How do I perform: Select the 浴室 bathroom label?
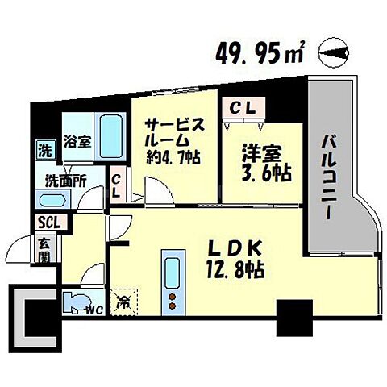click(x=77, y=140)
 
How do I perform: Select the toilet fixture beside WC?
click(x=76, y=302)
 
